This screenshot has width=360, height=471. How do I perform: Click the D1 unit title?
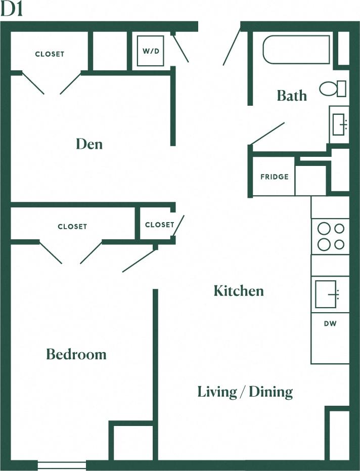[12, 10]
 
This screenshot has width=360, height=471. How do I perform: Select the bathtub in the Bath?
[296, 50]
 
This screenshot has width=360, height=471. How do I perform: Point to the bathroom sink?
[339, 124]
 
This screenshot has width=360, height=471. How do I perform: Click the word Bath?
[292, 96]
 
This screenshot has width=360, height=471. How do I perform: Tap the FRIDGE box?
[274, 177]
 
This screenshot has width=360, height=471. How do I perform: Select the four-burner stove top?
[330, 236]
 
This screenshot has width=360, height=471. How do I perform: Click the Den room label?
[89, 144]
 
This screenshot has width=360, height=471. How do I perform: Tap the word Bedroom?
[76, 354]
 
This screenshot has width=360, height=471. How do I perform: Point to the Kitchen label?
[239, 291]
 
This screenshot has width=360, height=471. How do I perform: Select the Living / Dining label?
[245, 392]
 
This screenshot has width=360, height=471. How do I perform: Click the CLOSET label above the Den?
[50, 54]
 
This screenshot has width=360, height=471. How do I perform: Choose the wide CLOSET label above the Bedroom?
[72, 227]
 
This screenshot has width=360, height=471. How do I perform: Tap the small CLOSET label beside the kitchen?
[159, 225]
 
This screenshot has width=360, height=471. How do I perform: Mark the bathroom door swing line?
[268, 133]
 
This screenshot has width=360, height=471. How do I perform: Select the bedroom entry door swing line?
[140, 261]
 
